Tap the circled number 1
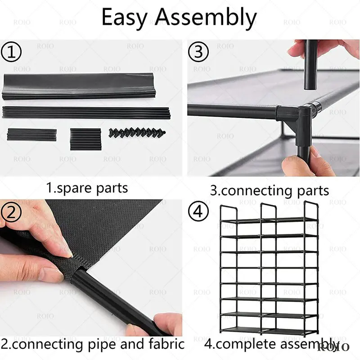(x=12, y=53)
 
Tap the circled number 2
(x=12, y=211)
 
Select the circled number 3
(x=198, y=53)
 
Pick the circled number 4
(x=198, y=211)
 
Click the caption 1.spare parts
(x=87, y=187)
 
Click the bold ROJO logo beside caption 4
(x=333, y=346)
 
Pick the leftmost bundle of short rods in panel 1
(x=31, y=135)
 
